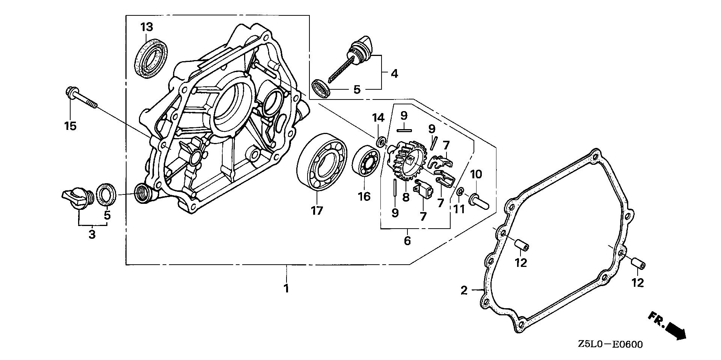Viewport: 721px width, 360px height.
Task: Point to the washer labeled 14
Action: [x=381, y=142]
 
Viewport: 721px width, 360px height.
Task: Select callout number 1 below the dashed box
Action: [x=287, y=289]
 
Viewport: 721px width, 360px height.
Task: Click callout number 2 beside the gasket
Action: [x=464, y=290]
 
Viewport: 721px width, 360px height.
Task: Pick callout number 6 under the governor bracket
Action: [x=407, y=240]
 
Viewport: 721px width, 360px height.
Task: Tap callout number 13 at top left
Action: [x=147, y=27]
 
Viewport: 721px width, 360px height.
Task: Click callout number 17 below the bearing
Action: [x=317, y=211]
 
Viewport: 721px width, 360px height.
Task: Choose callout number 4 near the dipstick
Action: [x=394, y=74]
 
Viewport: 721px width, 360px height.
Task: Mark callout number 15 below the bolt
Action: [x=70, y=126]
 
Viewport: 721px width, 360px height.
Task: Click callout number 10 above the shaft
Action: [x=476, y=174]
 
